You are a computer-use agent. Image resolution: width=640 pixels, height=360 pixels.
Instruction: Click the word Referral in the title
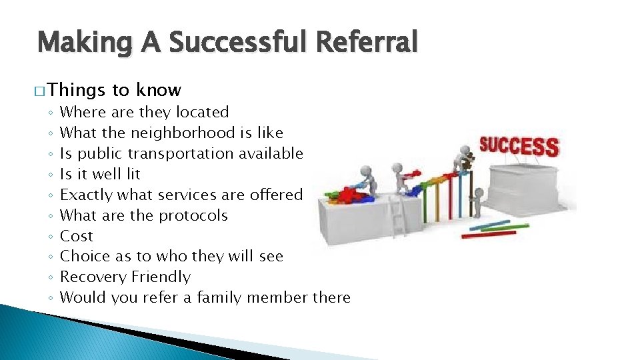pos(367,43)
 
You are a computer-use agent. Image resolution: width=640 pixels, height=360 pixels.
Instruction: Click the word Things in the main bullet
pos(77,90)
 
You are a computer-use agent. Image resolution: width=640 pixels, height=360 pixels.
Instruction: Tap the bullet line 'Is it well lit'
pos(100,174)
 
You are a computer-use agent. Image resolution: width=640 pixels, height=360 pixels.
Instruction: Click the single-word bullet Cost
pos(77,236)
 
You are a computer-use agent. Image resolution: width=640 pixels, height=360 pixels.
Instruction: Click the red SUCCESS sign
pos(519,145)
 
